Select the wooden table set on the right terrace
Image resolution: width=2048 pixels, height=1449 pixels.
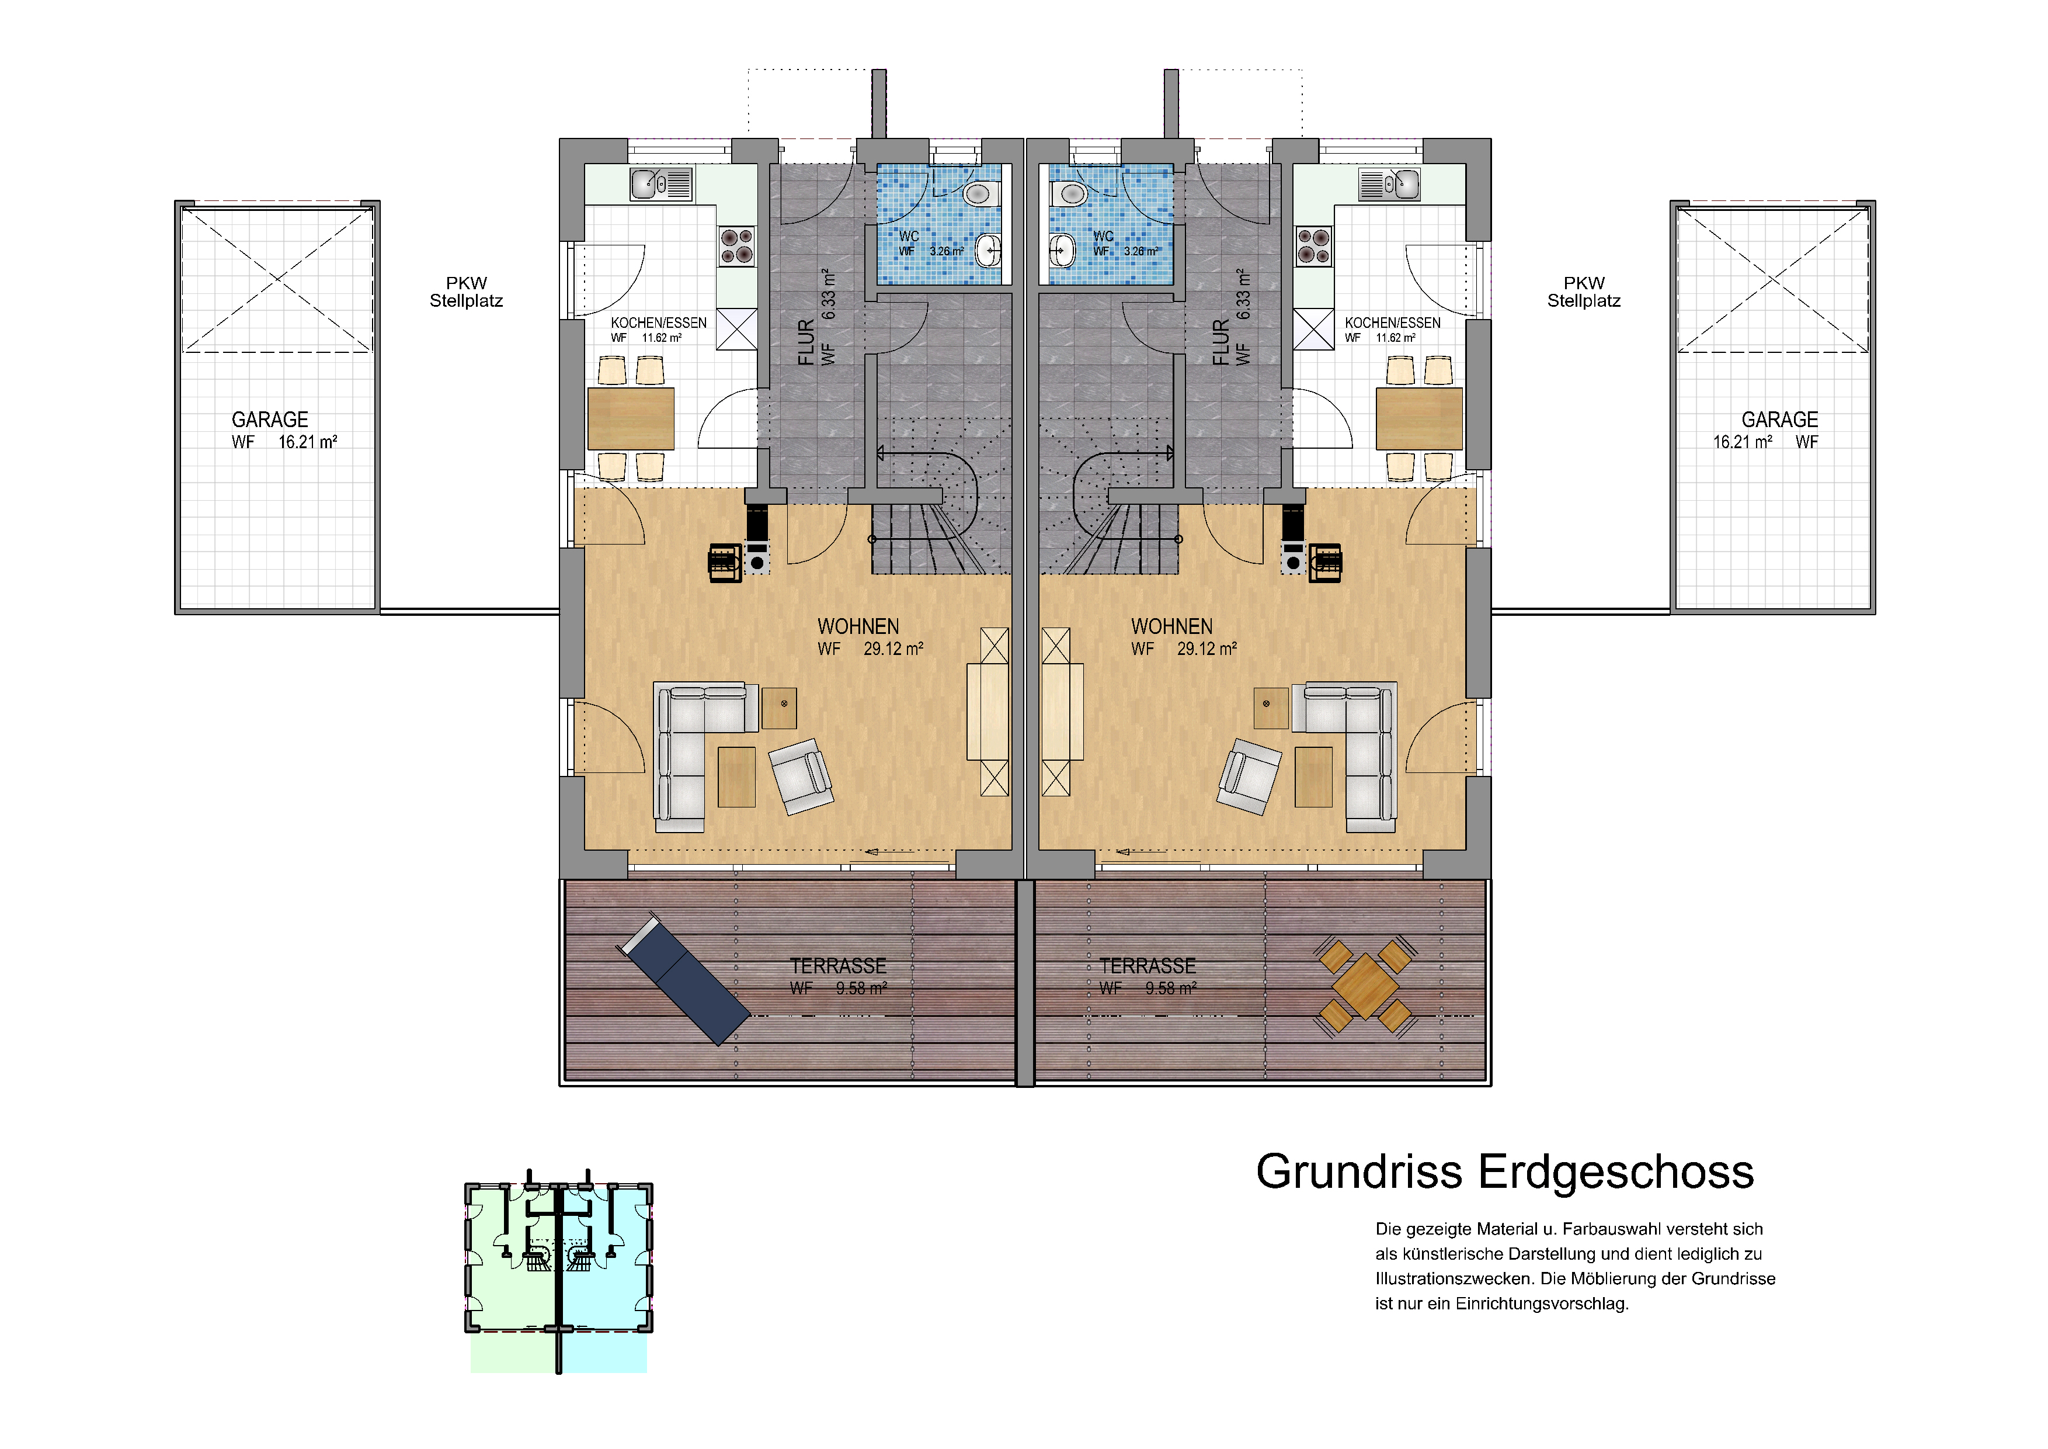pos(1365,986)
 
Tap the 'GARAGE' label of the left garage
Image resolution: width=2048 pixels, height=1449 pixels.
pos(270,420)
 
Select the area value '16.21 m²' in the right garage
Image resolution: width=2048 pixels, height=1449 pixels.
pos(1742,442)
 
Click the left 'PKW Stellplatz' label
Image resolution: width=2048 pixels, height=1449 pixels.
pos(467,292)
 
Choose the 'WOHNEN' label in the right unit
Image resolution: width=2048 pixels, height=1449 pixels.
pos(1172,626)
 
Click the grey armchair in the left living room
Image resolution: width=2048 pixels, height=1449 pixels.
pos(801,775)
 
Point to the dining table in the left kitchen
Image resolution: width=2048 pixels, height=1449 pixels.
pos(631,418)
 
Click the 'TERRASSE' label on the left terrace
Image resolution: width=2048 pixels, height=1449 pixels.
pos(839,966)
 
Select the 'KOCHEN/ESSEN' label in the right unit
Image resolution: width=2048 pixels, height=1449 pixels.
pos(1392,323)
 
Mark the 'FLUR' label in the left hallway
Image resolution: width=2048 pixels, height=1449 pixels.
pos(806,342)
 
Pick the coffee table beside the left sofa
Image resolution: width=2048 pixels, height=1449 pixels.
pos(737,777)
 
